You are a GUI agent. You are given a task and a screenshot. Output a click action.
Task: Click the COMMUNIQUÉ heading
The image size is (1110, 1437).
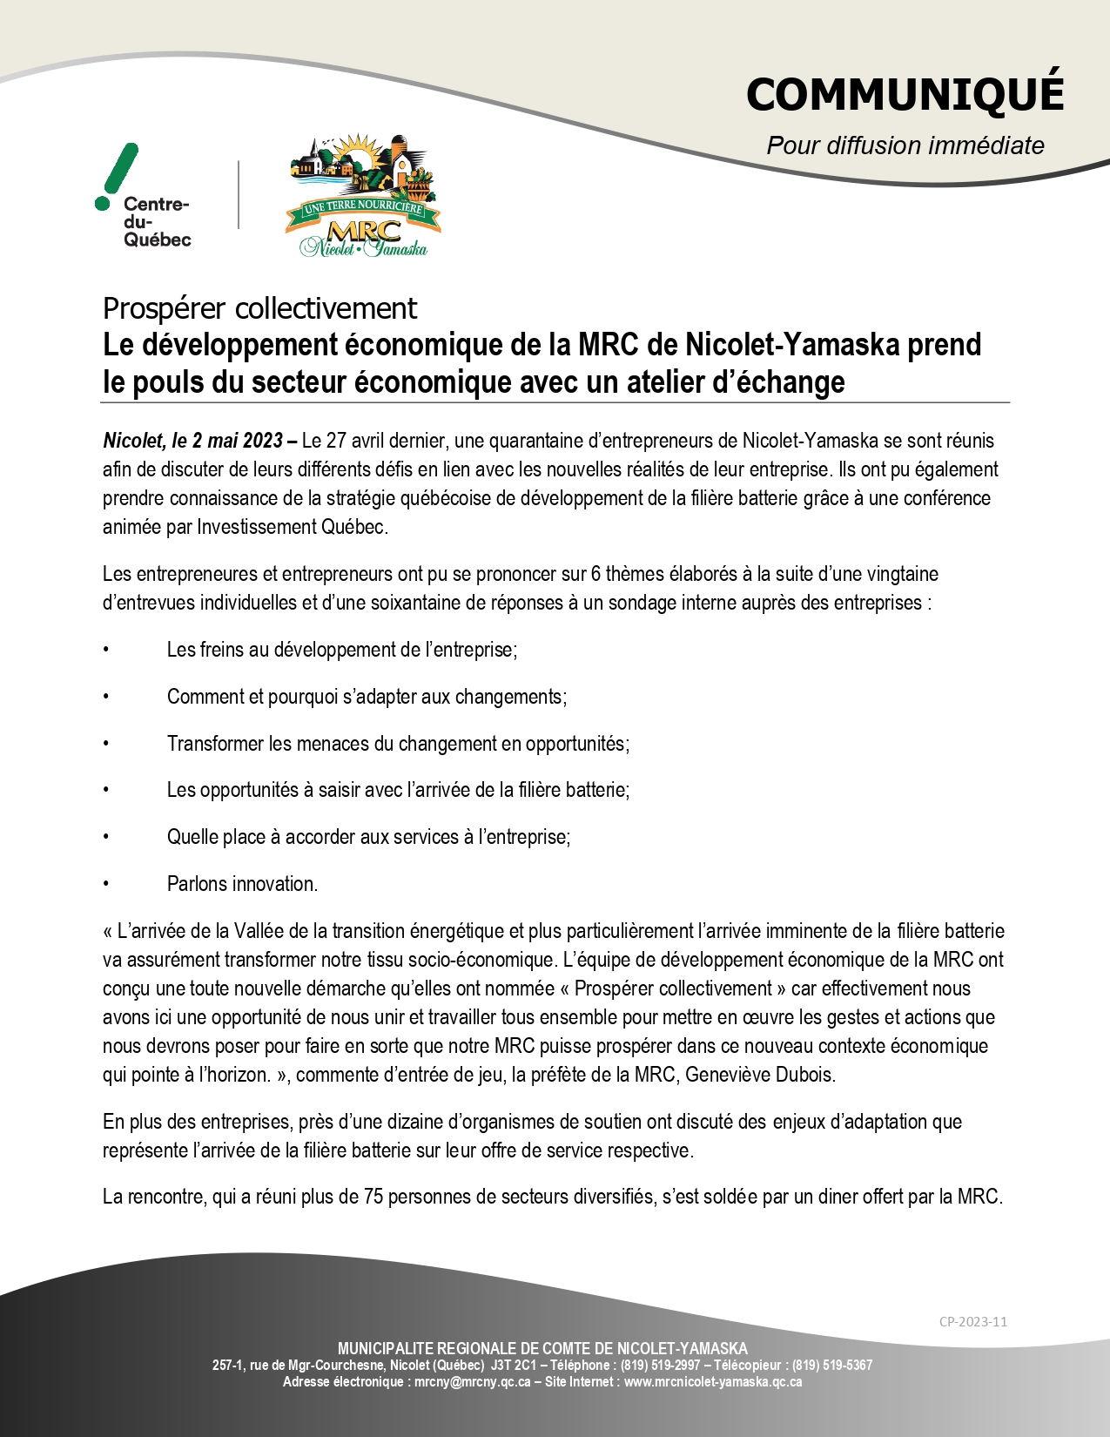pos(905,94)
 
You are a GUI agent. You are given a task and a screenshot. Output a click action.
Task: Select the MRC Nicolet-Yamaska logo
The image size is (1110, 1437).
pos(364,197)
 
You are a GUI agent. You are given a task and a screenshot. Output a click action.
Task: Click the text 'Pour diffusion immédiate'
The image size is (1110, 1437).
pos(905,145)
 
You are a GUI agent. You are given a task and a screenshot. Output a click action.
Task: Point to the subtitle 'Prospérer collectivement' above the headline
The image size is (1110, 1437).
pos(259,308)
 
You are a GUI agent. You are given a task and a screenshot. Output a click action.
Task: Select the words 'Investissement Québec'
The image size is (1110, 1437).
pos(292,527)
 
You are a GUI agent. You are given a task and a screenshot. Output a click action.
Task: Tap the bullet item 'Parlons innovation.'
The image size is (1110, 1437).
pos(242,884)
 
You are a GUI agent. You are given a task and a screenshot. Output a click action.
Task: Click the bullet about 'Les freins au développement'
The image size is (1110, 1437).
pos(341,650)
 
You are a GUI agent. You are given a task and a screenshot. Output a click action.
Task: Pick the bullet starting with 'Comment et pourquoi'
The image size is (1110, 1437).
pos(367,697)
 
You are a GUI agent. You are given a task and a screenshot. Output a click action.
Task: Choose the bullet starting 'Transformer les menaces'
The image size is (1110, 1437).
pos(398,744)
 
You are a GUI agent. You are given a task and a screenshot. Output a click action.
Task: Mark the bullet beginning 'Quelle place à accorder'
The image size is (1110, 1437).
pos(368,837)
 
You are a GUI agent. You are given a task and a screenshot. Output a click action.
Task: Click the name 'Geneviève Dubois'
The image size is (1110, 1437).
pos(759,1075)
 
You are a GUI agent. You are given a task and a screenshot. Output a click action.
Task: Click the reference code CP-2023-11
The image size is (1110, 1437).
pos(972,1321)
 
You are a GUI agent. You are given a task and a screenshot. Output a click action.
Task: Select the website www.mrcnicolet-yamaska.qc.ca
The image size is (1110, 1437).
pos(713,1381)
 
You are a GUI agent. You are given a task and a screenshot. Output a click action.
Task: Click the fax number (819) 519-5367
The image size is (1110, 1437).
pos(831,1366)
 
